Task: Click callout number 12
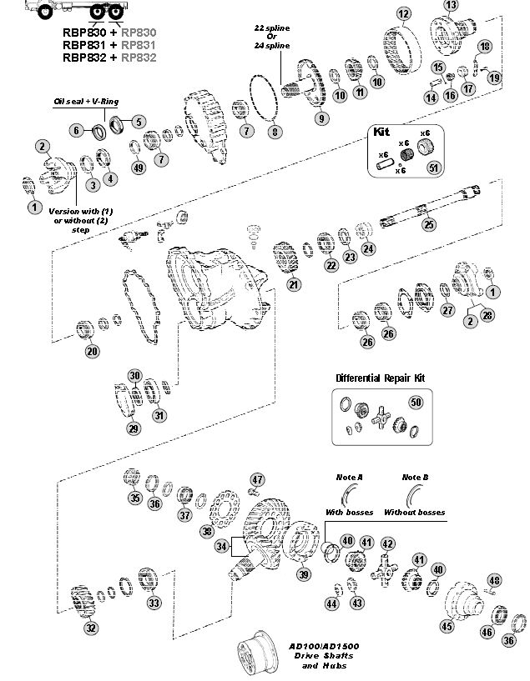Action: [x=403, y=13]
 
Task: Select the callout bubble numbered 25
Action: [x=429, y=224]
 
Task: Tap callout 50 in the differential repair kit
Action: [x=416, y=402]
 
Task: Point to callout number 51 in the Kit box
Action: [x=432, y=167]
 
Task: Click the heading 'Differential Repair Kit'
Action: [x=380, y=378]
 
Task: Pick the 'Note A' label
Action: [x=350, y=477]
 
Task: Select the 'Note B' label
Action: [x=415, y=477]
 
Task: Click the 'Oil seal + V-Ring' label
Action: [x=87, y=101]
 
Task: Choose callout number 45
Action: [x=447, y=626]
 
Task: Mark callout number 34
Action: [x=221, y=546]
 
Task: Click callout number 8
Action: [x=274, y=132]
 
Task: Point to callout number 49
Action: [x=139, y=168]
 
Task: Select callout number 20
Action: [x=92, y=351]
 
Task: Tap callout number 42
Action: [x=387, y=543]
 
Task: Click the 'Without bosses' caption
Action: [x=414, y=512]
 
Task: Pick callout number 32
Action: [x=90, y=628]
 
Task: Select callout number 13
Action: [x=452, y=5]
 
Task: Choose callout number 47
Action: [x=258, y=479]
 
